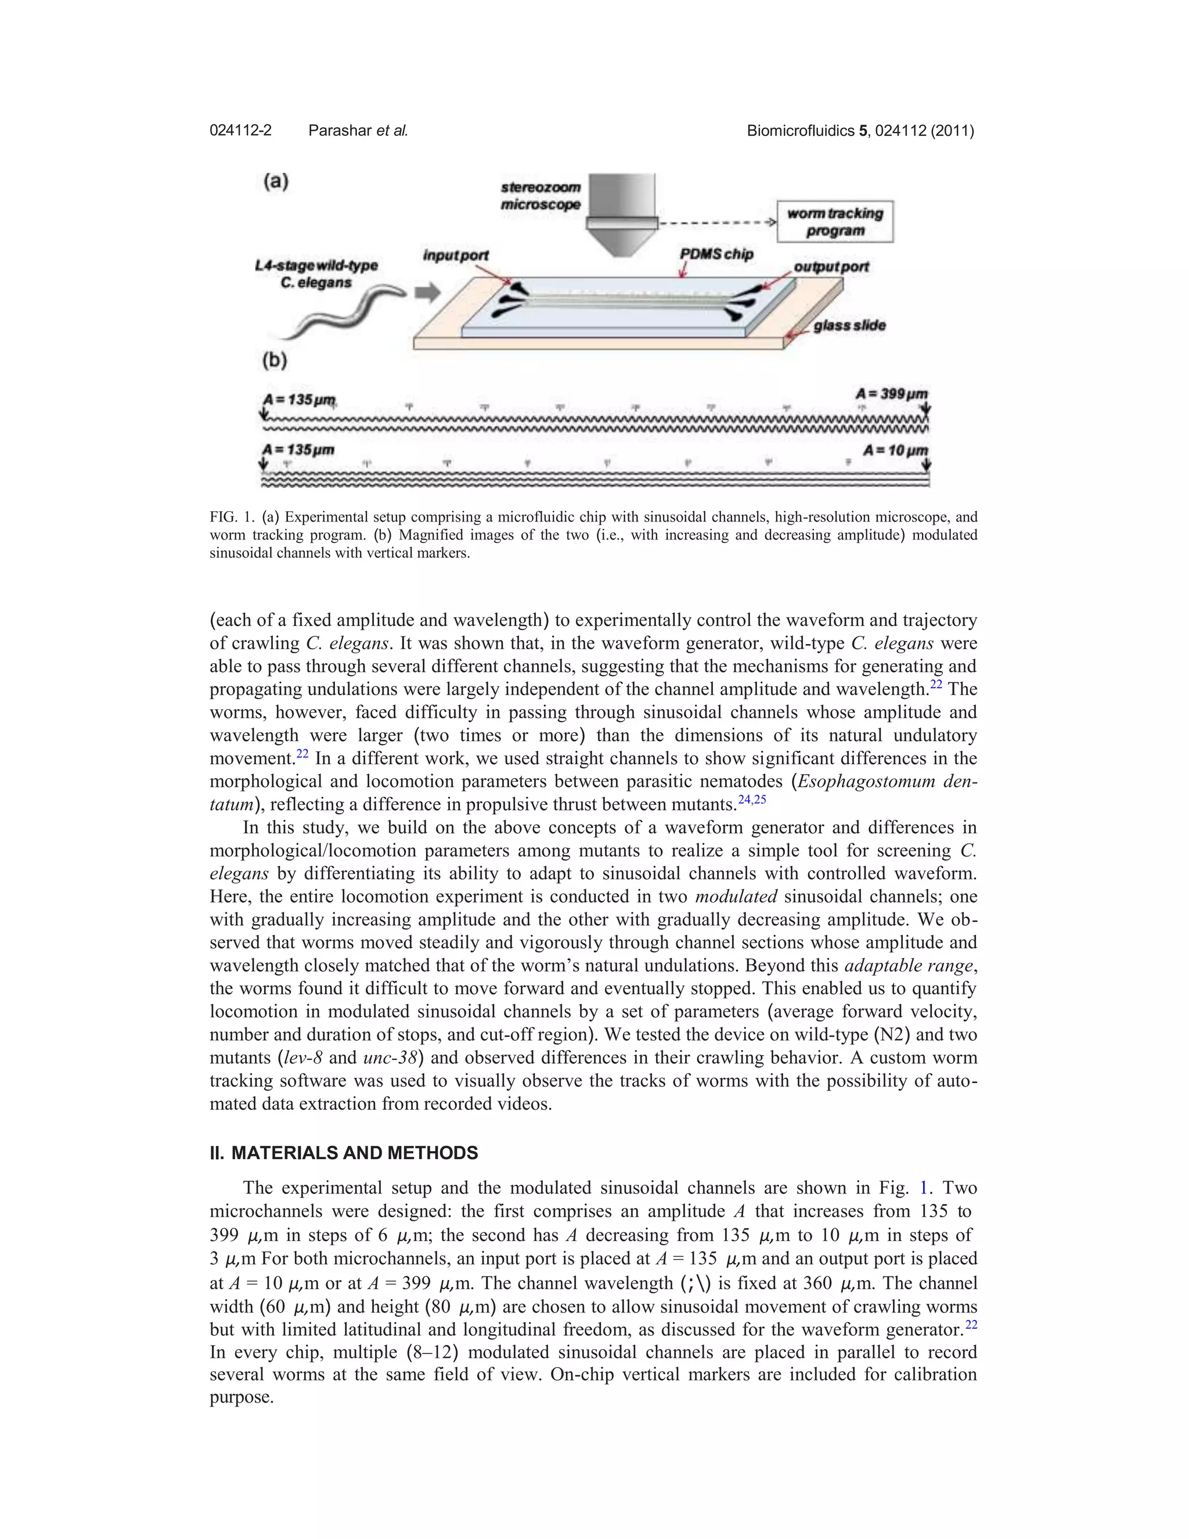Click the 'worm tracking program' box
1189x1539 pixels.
[835, 222]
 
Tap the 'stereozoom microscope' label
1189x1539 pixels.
[541, 196]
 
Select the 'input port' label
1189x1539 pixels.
[455, 255]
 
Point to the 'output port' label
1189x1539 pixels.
[831, 267]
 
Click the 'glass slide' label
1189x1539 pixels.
[849, 326]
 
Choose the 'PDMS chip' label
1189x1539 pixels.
[716, 254]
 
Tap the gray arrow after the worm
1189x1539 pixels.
[427, 293]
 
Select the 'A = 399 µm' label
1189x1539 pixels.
[891, 394]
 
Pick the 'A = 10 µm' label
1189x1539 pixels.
[895, 450]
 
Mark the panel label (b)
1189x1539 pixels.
[275, 361]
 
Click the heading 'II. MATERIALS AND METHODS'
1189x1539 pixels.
[344, 1153]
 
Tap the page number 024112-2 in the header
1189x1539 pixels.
[240, 130]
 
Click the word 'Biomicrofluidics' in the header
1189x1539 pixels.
[800, 130]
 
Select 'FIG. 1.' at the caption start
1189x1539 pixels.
[233, 517]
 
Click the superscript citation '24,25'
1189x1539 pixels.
[752, 799]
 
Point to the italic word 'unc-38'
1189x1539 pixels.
[390, 1058]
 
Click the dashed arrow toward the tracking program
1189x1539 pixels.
[716, 222]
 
